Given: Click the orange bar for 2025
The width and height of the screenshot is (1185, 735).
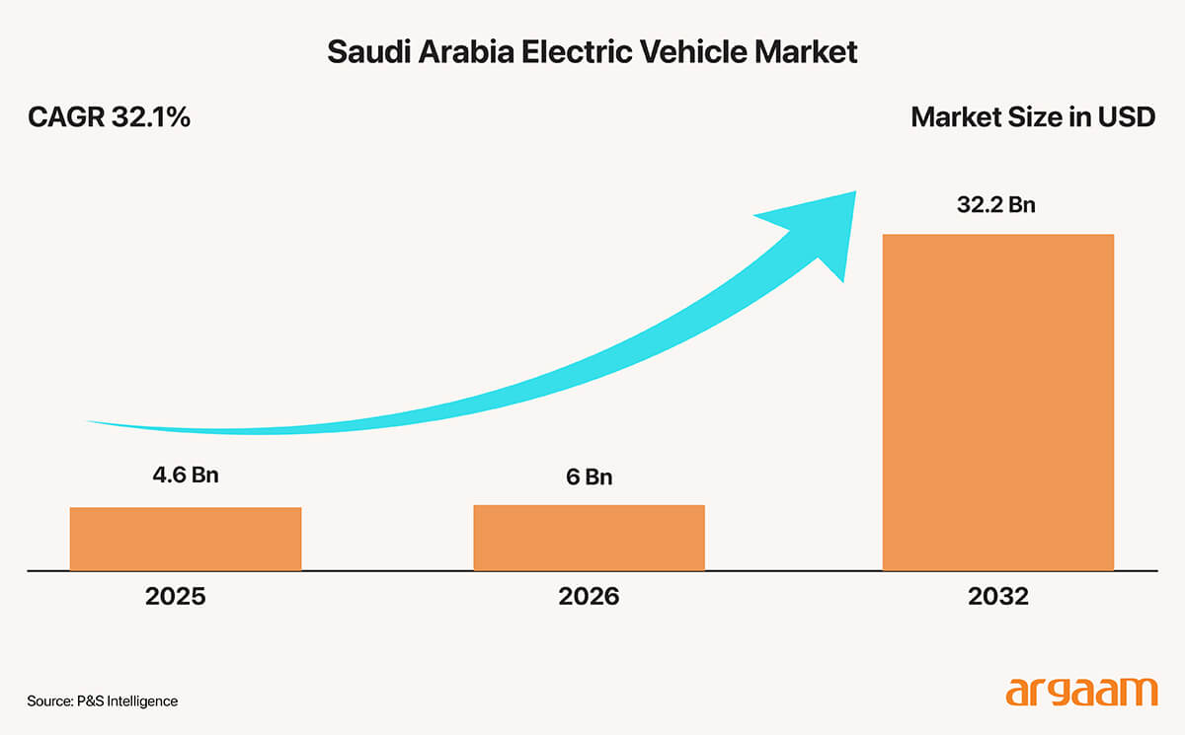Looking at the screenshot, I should (185, 539).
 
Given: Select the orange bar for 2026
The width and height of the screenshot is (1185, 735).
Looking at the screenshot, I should (589, 538).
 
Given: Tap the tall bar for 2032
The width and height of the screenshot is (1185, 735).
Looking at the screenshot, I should (997, 403).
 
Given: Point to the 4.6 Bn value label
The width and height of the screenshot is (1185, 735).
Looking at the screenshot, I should (185, 475).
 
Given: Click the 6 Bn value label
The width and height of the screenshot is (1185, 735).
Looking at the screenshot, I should (589, 477).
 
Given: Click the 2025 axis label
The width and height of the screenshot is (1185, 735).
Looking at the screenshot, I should (175, 597).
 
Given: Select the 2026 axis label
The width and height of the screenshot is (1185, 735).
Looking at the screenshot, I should (589, 597).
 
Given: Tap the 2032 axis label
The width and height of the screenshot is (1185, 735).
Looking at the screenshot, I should (997, 597).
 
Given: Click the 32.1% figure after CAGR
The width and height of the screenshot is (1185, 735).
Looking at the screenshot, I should (149, 117).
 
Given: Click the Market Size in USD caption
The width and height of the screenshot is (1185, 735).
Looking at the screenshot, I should (1032, 117).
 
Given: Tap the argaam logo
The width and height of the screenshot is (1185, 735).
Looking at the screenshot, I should (1080, 691).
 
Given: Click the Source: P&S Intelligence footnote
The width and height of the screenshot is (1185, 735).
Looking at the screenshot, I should (103, 700).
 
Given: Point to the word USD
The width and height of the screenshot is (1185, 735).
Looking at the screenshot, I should (1127, 117).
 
